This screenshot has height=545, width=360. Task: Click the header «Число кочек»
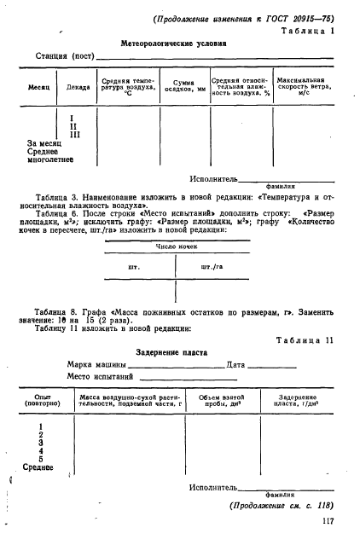176,247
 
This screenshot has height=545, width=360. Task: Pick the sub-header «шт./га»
211,266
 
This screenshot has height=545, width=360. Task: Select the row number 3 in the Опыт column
42,444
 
